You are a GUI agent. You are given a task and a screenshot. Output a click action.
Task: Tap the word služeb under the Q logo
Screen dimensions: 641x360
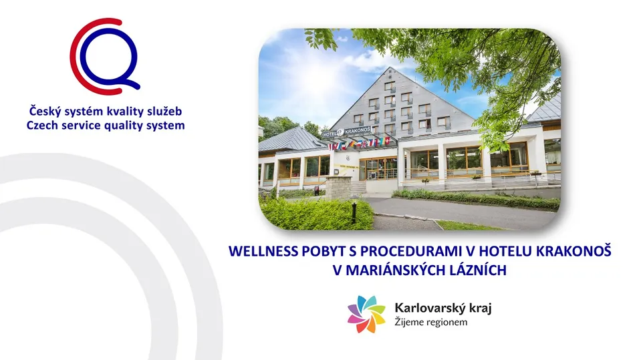click(x=165, y=111)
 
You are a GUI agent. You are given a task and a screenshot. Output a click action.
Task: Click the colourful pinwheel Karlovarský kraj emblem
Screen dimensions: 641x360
click(x=366, y=314)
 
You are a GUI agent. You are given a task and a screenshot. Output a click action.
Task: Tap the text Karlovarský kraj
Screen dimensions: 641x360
click(x=443, y=308)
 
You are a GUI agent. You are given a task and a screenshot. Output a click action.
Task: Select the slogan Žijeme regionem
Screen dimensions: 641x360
click(x=431, y=322)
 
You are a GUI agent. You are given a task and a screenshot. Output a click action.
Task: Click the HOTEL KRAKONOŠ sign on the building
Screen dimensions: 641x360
click(x=347, y=132)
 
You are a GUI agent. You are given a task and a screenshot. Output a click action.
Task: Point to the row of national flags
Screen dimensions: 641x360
click(x=360, y=143)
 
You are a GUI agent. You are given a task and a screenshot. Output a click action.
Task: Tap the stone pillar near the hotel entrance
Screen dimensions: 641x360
click(x=338, y=188)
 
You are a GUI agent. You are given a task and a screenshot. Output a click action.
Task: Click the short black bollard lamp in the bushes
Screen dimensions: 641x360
click(x=354, y=212)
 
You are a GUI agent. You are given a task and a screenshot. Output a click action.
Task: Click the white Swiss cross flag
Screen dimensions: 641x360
click(x=386, y=142)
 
